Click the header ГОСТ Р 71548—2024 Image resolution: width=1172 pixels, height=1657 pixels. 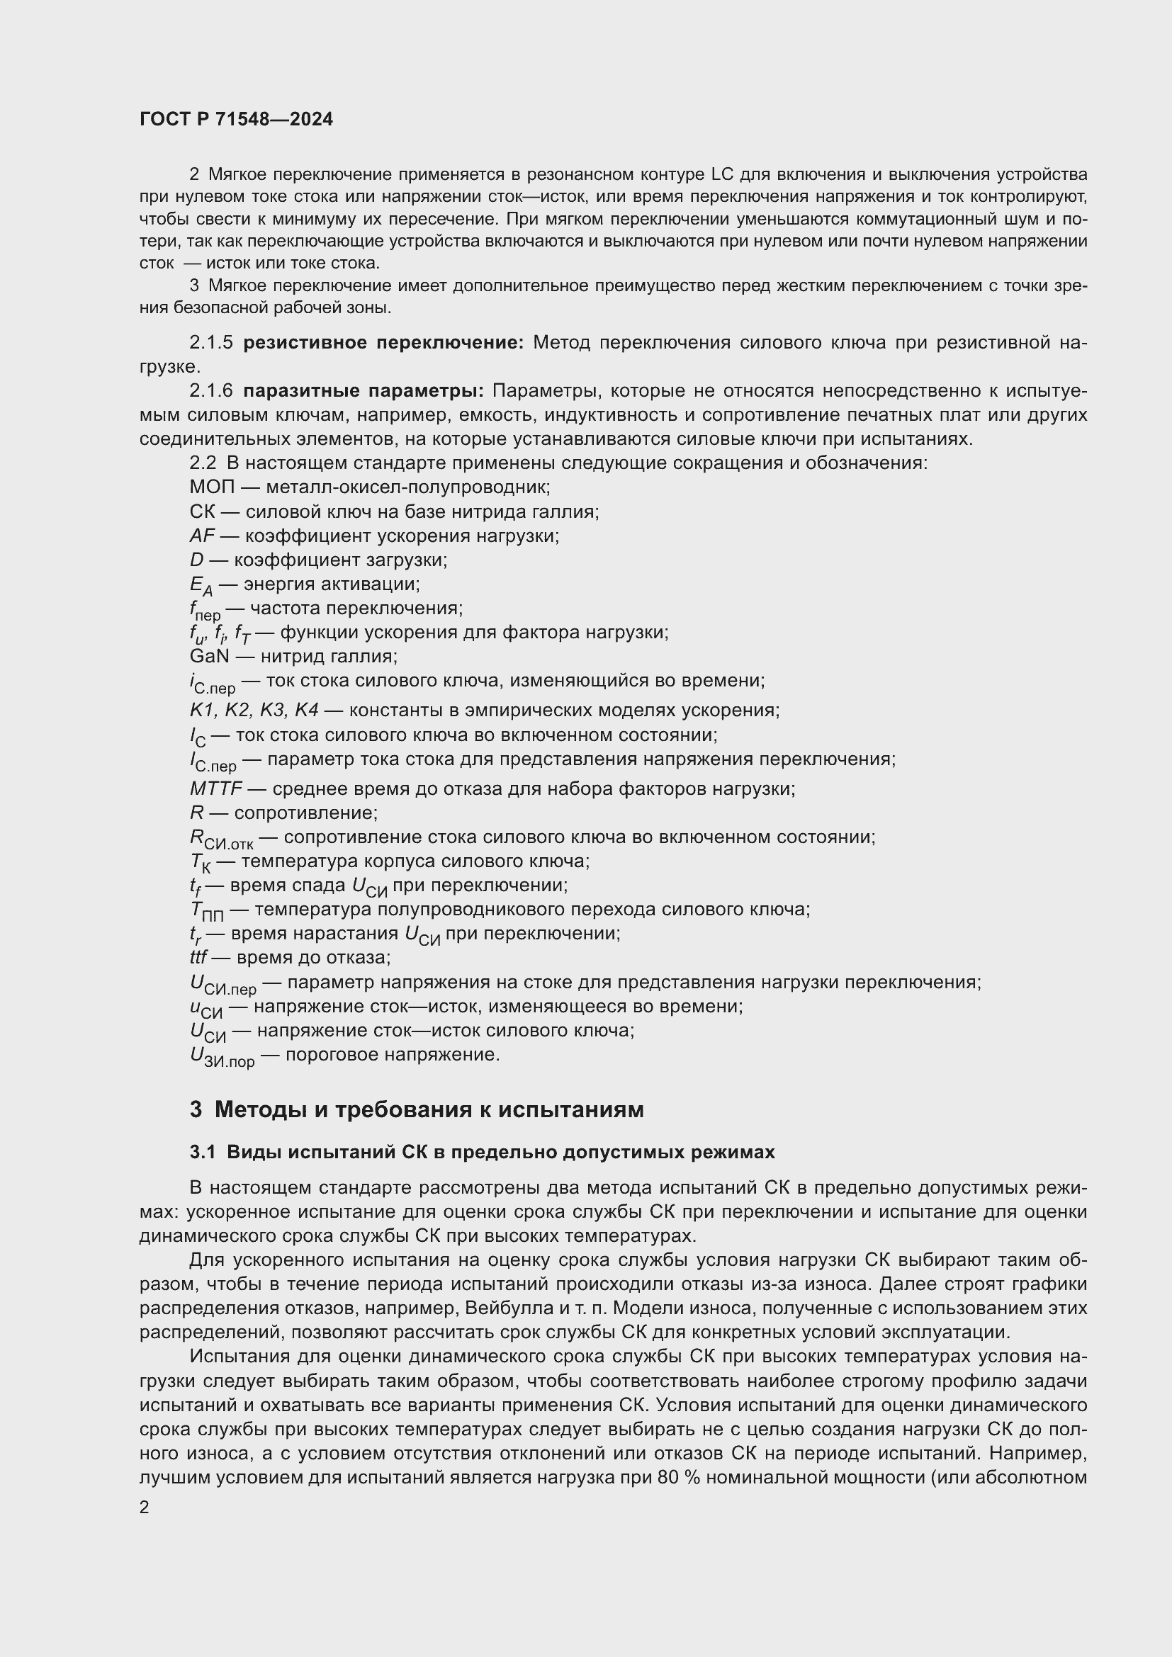pyautogui.click(x=236, y=120)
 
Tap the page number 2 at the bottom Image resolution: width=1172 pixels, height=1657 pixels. pyautogui.click(x=145, y=1508)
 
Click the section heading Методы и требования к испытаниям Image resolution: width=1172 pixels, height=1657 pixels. pyautogui.click(x=429, y=1109)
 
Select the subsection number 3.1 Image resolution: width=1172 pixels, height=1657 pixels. pyautogui.click(x=203, y=1153)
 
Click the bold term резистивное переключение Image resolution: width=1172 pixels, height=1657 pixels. pyautogui.click(x=383, y=343)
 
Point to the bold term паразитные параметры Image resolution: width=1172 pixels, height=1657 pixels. pyautogui.click(x=363, y=391)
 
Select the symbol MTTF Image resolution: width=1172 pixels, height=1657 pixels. pyautogui.click(x=216, y=788)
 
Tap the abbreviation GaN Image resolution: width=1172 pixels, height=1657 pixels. pyautogui.click(x=209, y=657)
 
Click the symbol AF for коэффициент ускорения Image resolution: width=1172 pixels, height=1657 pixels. pyautogui.click(x=202, y=536)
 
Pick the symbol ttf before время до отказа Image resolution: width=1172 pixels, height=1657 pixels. pyautogui.click(x=198, y=958)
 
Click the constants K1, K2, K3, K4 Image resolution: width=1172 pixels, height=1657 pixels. pyautogui.click(x=253, y=710)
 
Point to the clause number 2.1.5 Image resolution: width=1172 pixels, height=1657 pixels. pyautogui.click(x=210, y=343)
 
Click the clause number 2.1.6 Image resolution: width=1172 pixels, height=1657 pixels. pyautogui.click(x=210, y=391)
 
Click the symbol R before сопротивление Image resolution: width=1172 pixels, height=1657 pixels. pyautogui.click(x=196, y=813)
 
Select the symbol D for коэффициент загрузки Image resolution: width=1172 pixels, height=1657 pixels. pyautogui.click(x=196, y=560)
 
